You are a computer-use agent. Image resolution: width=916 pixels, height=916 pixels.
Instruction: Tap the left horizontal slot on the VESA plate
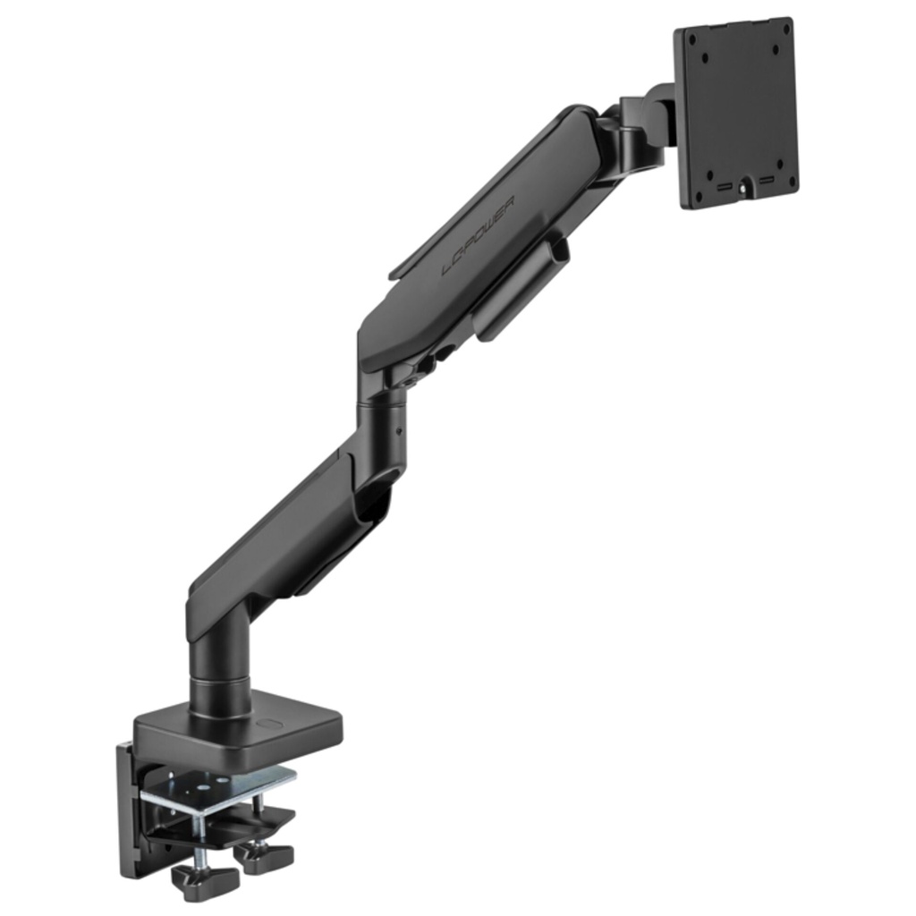click(722, 189)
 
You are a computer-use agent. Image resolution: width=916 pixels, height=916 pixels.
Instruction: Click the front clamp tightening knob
click(204, 881)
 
